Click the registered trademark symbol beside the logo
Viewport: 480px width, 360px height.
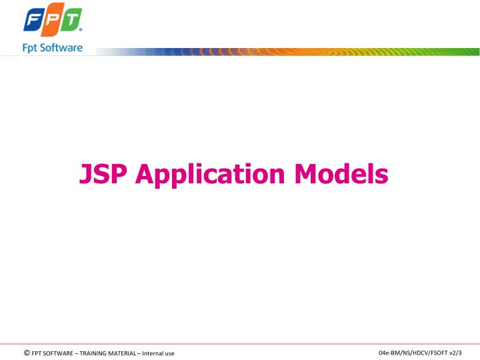tap(81, 31)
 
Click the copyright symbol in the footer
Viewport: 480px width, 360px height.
tap(26, 353)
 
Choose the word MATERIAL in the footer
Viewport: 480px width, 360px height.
tap(123, 353)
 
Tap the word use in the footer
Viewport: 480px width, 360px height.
tap(170, 353)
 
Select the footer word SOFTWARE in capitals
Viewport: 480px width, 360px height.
tap(59, 353)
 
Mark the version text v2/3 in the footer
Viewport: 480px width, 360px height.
tap(455, 352)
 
